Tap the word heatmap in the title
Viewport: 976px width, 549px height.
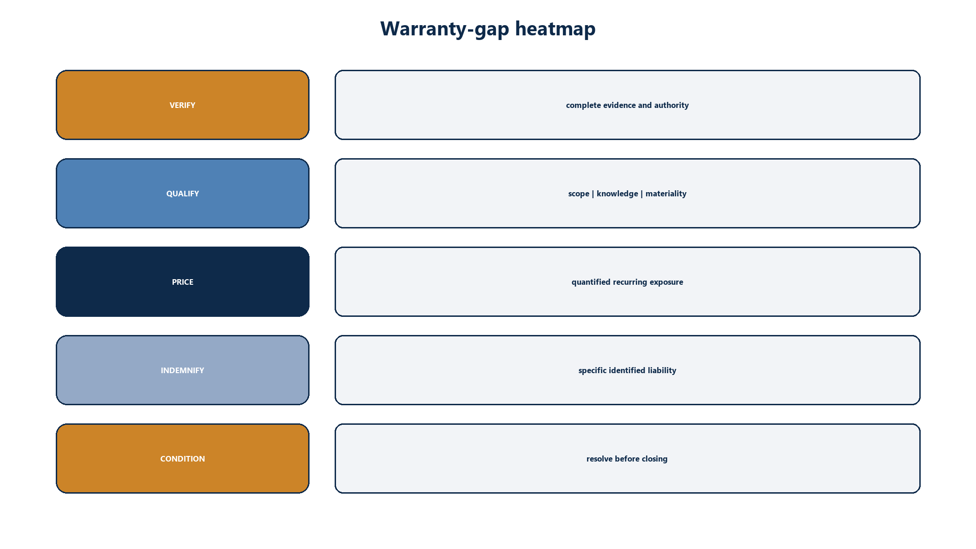coord(555,28)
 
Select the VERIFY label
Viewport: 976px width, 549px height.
coord(182,105)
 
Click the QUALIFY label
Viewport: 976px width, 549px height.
coord(183,194)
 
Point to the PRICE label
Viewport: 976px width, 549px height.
coord(183,282)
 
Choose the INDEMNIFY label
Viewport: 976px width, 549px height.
coord(183,370)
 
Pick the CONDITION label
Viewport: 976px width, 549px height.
coord(183,459)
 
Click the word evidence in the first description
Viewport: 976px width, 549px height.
coord(620,105)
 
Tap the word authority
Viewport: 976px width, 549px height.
coord(671,106)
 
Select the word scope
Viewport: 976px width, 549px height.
coord(579,194)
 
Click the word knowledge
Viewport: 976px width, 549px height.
coord(617,194)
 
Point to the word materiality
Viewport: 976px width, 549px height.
coord(666,194)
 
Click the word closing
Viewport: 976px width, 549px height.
coord(654,459)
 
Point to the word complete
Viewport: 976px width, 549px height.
coord(583,106)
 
